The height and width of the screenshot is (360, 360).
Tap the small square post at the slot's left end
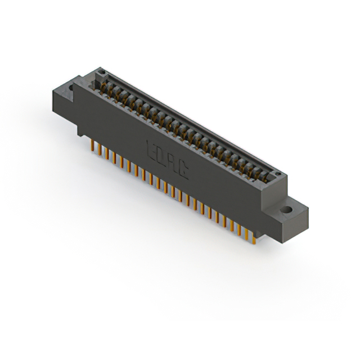[102, 73]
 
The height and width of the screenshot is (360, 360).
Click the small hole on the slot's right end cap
[276, 175]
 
